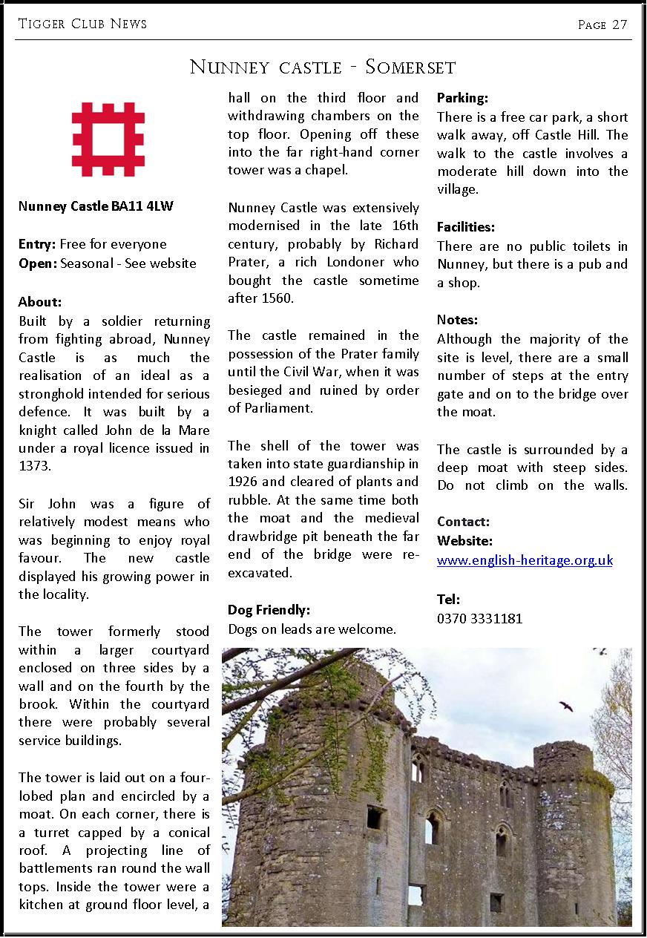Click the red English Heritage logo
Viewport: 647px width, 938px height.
[108, 140]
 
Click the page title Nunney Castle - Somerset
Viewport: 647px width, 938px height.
[323, 68]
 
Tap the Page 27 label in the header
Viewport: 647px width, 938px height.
[602, 24]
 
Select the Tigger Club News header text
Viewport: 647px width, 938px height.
[82, 24]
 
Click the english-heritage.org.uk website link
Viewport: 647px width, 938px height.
[525, 560]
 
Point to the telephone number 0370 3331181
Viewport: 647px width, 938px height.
[479, 617]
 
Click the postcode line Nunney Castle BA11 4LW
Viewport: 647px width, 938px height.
[96, 206]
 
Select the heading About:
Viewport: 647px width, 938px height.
[40, 302]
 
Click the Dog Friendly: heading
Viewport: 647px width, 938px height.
[269, 610]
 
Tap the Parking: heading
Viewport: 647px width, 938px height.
[462, 98]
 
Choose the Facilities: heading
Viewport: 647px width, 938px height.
[466, 227]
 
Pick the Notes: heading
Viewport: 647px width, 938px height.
[457, 320]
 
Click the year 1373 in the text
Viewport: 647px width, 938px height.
[33, 467]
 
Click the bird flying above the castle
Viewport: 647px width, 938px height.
[566, 706]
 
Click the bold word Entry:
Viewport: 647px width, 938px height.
[37, 244]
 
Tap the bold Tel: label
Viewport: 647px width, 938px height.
[449, 599]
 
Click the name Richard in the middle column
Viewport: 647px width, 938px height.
[395, 244]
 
